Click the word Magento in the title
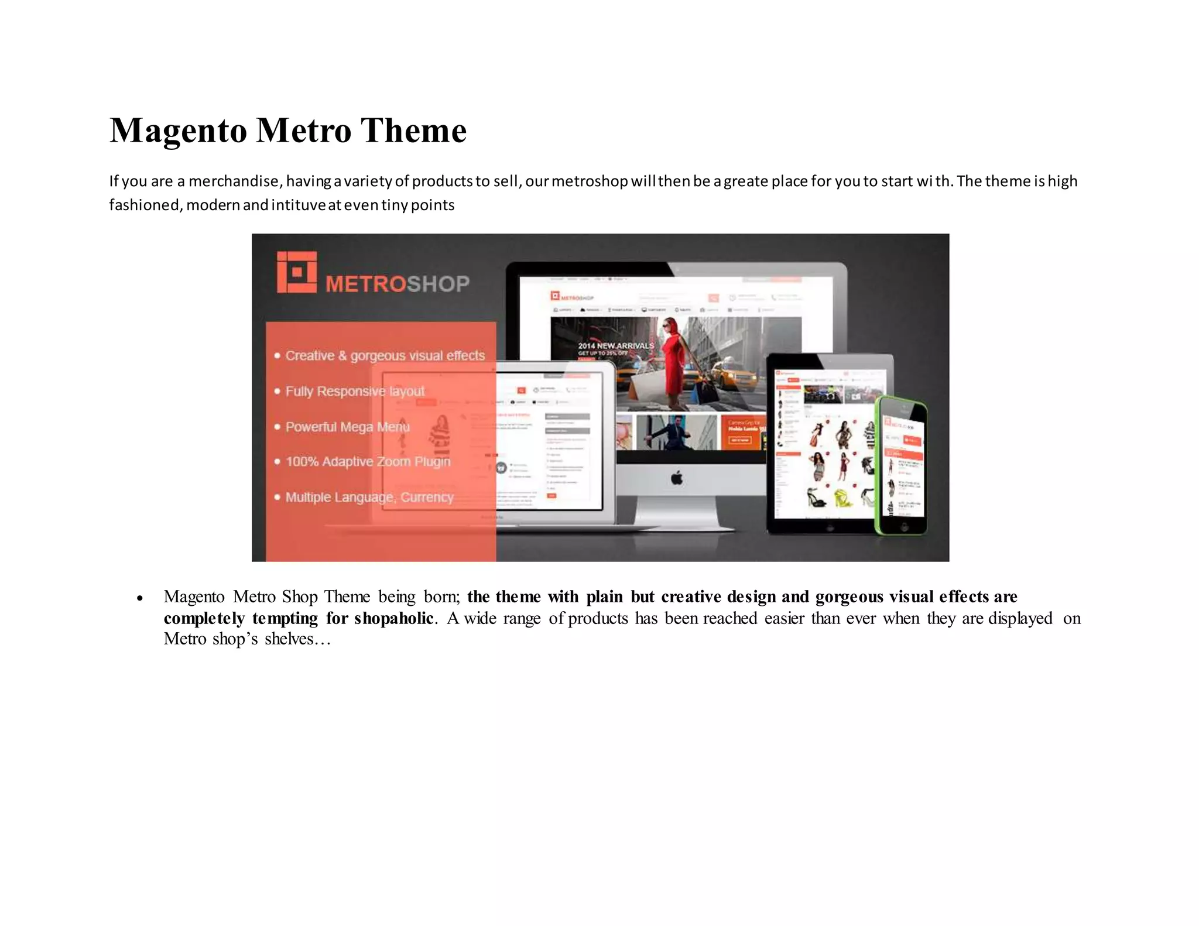pyautogui.click(x=178, y=131)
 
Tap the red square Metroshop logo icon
pyautogui.click(x=297, y=272)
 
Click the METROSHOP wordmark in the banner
pyautogui.click(x=398, y=284)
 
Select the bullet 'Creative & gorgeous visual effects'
pyautogui.click(x=385, y=356)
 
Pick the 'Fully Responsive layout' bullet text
pyautogui.click(x=355, y=391)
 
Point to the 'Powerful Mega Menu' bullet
pyautogui.click(x=347, y=427)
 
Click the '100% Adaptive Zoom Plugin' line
pyautogui.click(x=368, y=462)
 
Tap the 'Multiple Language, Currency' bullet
pyautogui.click(x=369, y=498)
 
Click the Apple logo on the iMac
pyautogui.click(x=677, y=478)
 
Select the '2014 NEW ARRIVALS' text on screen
pyautogui.click(x=616, y=346)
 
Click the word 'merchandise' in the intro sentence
pyautogui.click(x=233, y=181)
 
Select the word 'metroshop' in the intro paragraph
pyautogui.click(x=590, y=181)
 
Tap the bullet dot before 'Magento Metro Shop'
pyautogui.click(x=139, y=598)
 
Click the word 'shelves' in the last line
pyautogui.click(x=289, y=639)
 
